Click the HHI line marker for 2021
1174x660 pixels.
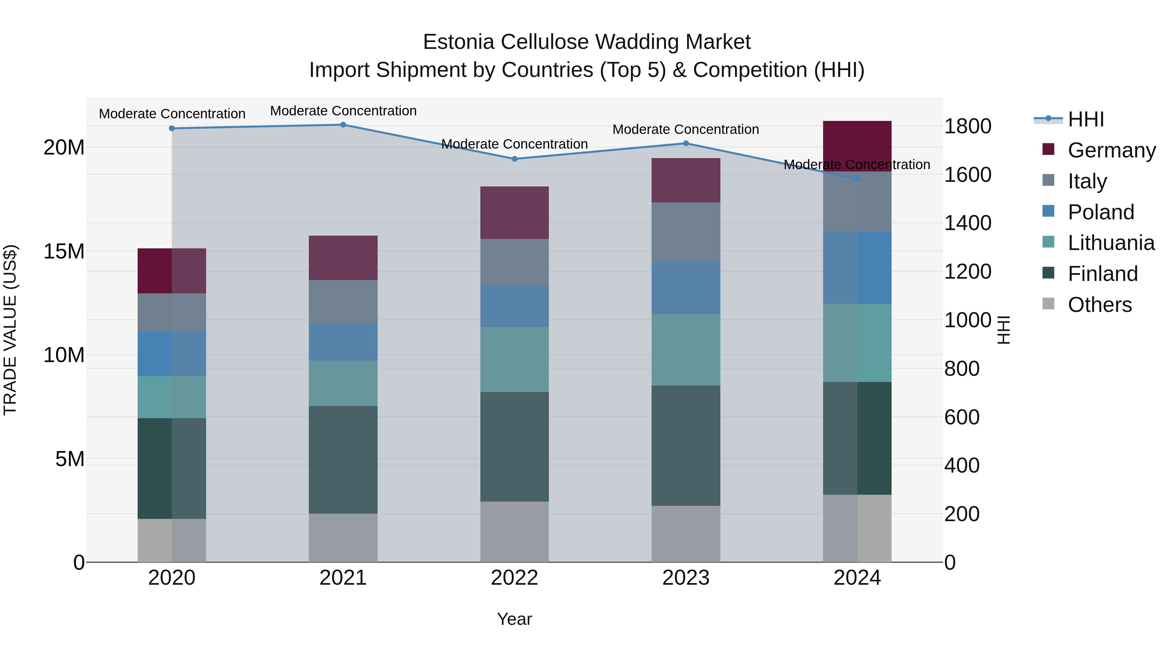343,125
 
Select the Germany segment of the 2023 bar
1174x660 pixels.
685,180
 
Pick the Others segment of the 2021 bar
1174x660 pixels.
343,538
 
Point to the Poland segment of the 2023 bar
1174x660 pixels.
685,288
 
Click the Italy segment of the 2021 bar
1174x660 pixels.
343,302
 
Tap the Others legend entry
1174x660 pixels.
1099,305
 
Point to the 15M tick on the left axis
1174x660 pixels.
64,251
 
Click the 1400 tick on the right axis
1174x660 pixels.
968,223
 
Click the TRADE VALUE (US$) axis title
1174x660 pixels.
10,330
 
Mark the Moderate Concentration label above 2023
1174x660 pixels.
685,129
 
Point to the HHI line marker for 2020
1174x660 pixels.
172,128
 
